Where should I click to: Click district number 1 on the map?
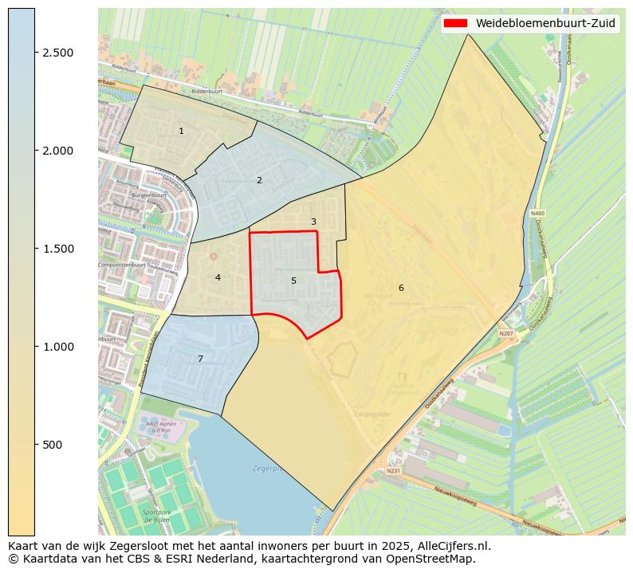pyautogui.click(x=181, y=131)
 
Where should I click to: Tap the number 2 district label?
pyautogui.click(x=259, y=180)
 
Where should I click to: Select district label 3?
pyautogui.click(x=313, y=222)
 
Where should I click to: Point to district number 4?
pyautogui.click(x=218, y=277)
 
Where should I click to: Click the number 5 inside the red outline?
pyautogui.click(x=293, y=281)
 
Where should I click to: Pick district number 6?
pyautogui.click(x=401, y=288)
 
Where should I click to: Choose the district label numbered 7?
pyautogui.click(x=200, y=359)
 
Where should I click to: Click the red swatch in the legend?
pyautogui.click(x=455, y=23)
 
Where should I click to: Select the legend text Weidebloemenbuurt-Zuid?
pyautogui.click(x=545, y=23)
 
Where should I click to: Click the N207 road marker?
pyautogui.click(x=505, y=333)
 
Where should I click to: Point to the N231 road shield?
pyautogui.click(x=393, y=471)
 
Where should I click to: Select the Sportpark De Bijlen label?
pyautogui.click(x=156, y=515)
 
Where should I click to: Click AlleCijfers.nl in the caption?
pyautogui.click(x=451, y=546)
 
